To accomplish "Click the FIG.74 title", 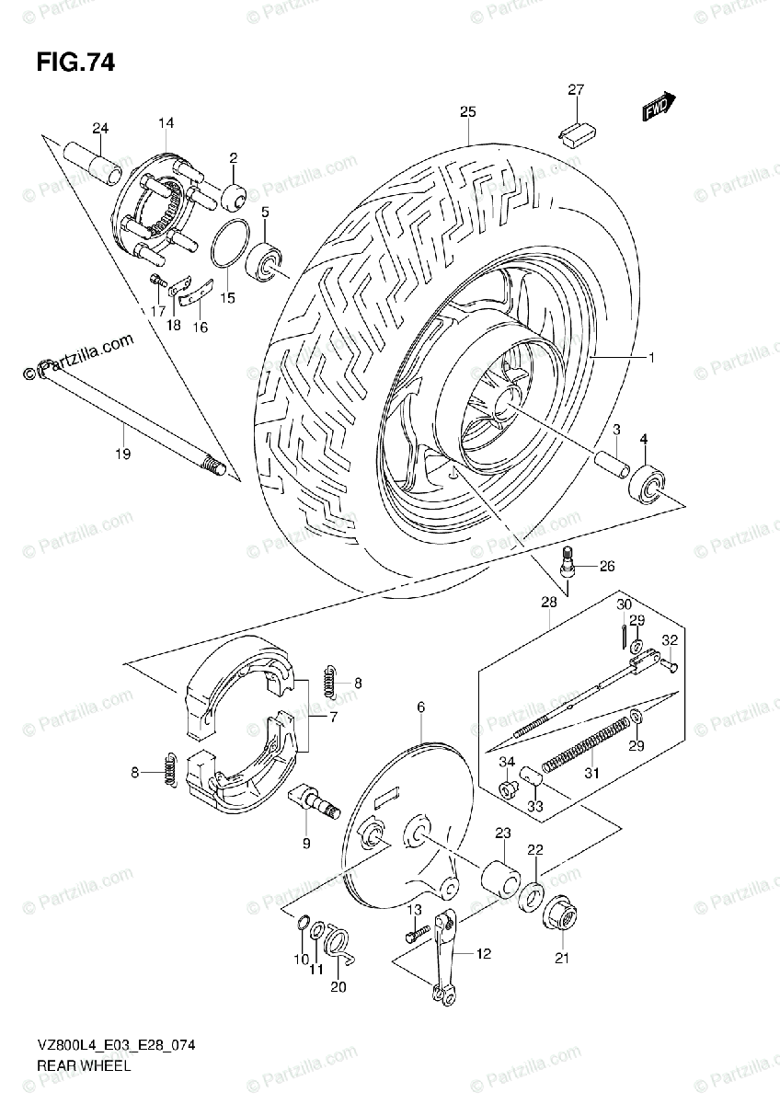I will coord(76,63).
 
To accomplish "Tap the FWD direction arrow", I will coord(660,108).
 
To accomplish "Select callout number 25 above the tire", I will coord(467,112).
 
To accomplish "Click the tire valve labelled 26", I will coord(568,562).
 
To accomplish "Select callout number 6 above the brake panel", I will coord(421,707).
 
